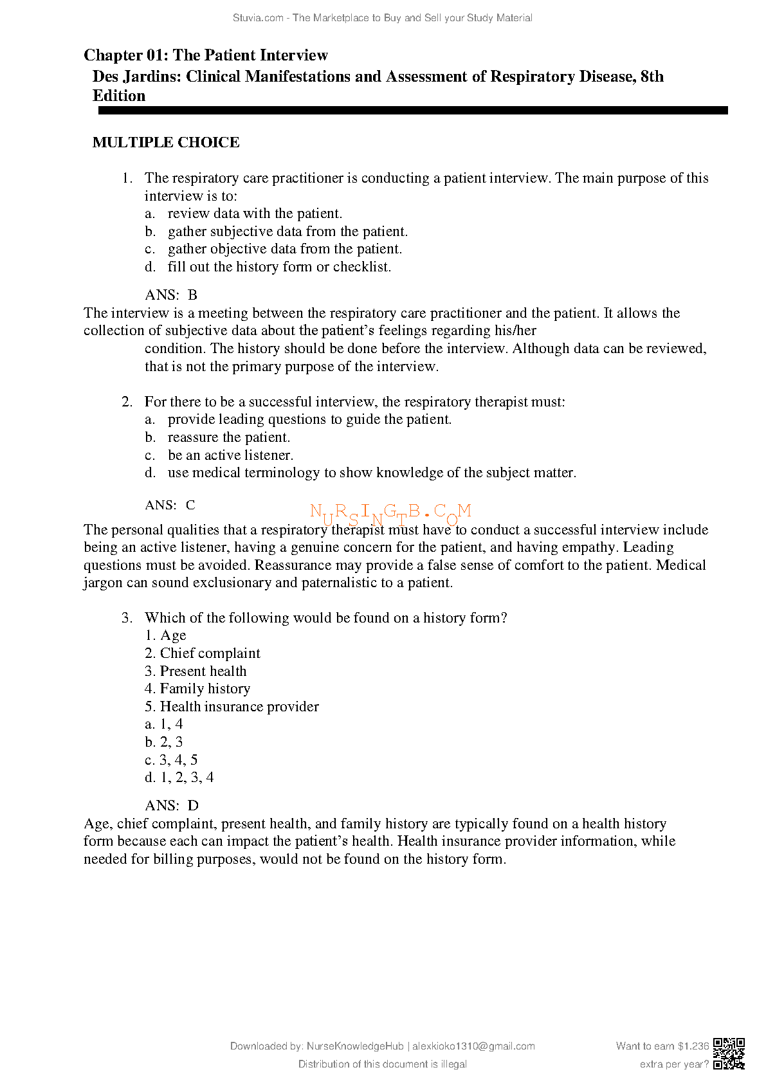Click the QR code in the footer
[729, 1053]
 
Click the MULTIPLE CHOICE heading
[166, 142]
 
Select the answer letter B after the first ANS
[192, 295]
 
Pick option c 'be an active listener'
[230, 455]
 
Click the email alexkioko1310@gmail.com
[473, 1046]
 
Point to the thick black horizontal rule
[412, 111]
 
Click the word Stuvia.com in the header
[258, 18]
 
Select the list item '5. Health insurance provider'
[232, 707]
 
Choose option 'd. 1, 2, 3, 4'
[179, 778]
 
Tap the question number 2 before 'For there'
[127, 402]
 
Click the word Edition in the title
[119, 96]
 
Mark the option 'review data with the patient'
[255, 214]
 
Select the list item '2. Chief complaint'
[203, 653]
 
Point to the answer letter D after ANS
[193, 806]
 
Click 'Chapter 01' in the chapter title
[122, 55]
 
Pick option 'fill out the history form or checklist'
[279, 267]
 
